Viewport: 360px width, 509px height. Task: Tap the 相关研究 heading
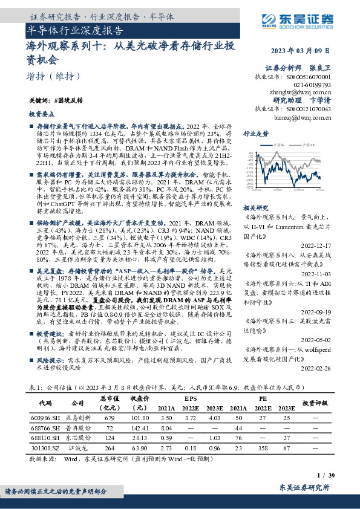point(256,206)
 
